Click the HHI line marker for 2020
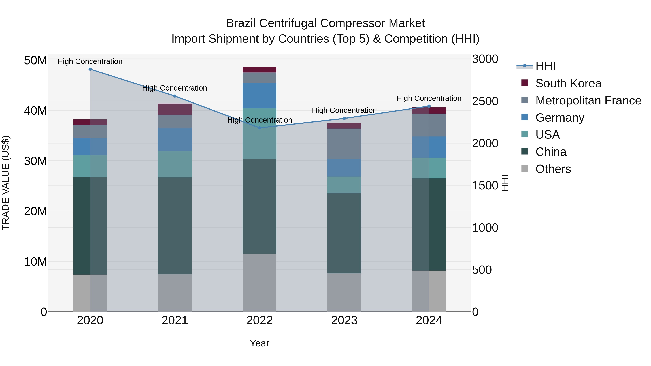click(90, 69)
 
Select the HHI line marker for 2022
click(259, 128)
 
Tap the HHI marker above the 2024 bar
click(429, 106)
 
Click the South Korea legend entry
click(568, 83)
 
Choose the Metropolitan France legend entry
click(588, 100)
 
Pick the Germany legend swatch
click(525, 117)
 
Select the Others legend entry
click(553, 169)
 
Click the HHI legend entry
click(545, 66)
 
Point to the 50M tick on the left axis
click(35, 61)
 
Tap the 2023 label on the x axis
click(344, 320)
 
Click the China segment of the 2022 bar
click(259, 206)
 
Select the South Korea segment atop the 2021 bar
click(175, 109)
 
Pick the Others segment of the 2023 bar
click(344, 292)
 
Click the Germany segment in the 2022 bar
click(259, 95)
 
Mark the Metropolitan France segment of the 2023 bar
click(344, 144)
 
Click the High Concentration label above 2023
click(344, 110)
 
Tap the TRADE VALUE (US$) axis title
click(6, 183)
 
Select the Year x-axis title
click(259, 343)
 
